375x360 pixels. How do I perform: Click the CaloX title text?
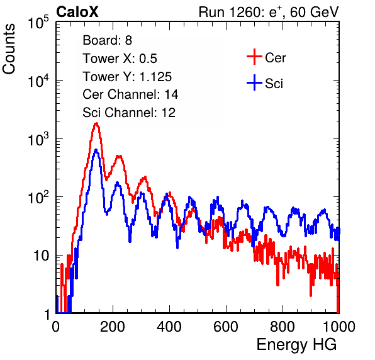(x=77, y=12)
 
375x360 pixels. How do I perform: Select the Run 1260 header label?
(x=269, y=12)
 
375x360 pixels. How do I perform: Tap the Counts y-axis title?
(x=9, y=49)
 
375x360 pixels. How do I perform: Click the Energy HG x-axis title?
(x=296, y=344)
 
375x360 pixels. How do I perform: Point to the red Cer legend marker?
(x=254, y=57)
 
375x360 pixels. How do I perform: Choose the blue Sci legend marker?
(x=254, y=83)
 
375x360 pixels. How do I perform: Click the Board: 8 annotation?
(x=108, y=40)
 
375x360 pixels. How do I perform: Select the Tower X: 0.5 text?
(x=120, y=59)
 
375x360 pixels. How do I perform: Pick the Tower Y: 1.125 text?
(x=127, y=77)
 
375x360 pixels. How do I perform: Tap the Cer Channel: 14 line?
(x=130, y=94)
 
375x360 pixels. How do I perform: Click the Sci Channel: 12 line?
(x=129, y=113)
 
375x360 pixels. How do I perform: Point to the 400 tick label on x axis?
(x=169, y=327)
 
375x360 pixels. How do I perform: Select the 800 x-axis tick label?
(x=283, y=327)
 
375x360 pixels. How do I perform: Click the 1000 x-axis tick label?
(x=339, y=327)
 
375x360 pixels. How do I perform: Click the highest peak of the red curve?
(x=96, y=123)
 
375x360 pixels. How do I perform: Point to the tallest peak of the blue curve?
(x=96, y=150)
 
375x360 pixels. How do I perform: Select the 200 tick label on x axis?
(x=113, y=327)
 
